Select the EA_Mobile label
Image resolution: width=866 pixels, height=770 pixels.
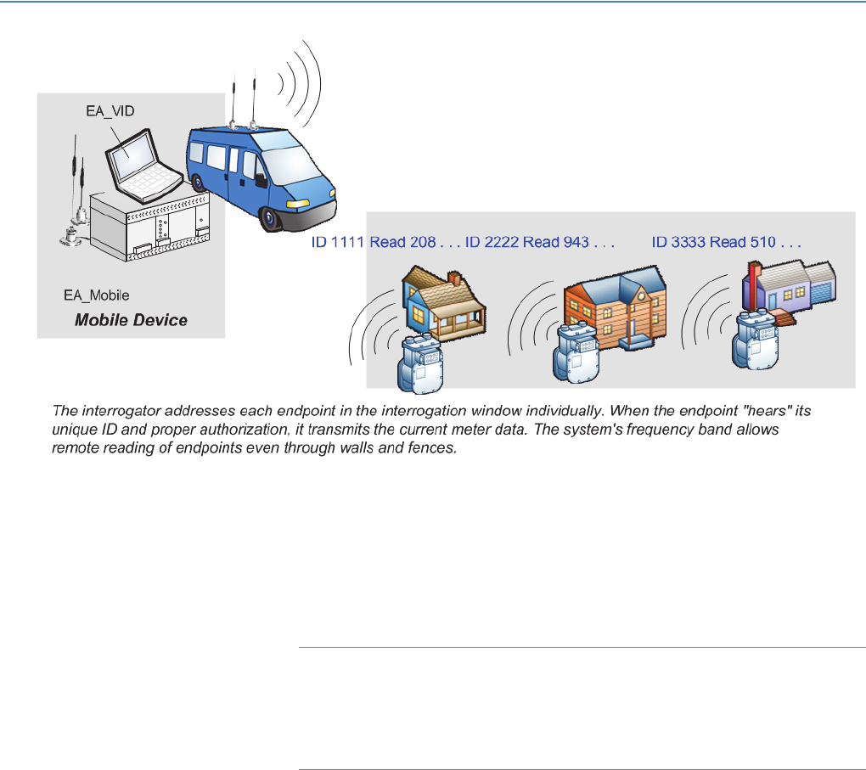(x=97, y=295)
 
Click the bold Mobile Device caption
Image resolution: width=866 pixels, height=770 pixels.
(x=131, y=320)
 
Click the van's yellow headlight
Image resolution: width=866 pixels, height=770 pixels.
(x=298, y=205)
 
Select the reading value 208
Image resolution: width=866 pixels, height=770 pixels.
(x=419, y=242)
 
